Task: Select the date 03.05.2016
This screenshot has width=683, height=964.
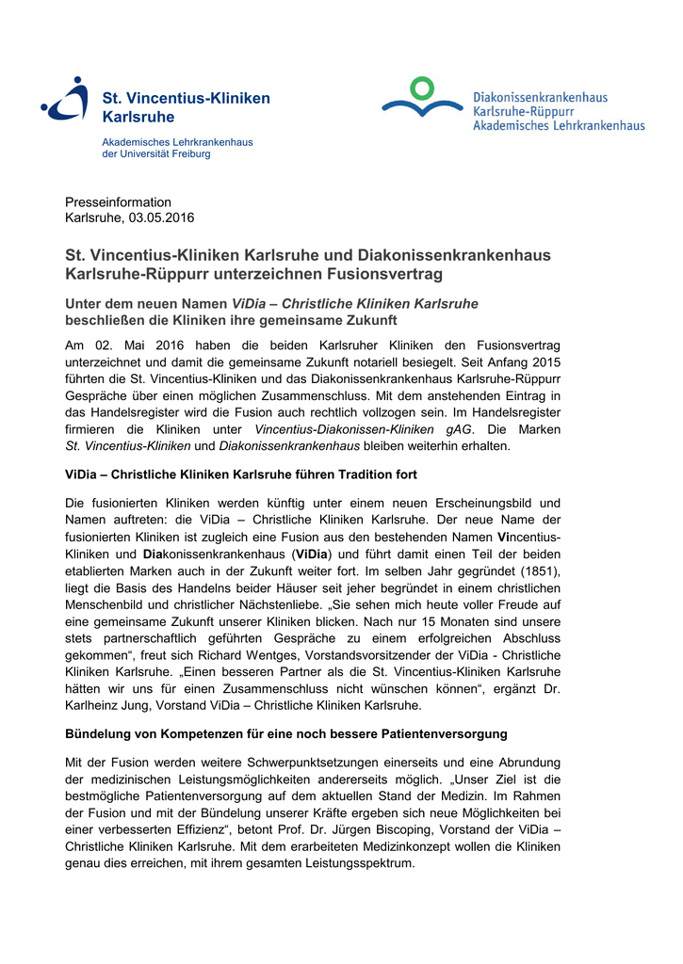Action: coord(161,218)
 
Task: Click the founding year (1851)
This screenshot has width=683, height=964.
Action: coord(536,570)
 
